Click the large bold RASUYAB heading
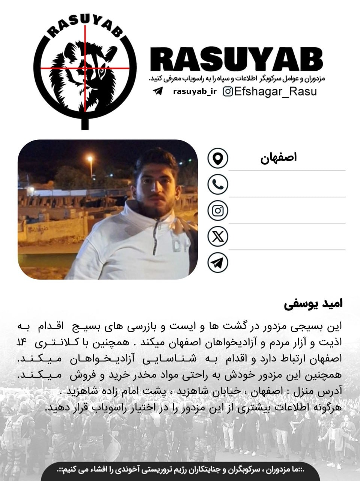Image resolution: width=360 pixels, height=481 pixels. click(237, 61)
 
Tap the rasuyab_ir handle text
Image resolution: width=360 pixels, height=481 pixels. click(195, 92)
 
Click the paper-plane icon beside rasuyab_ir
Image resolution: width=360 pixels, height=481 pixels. click(158, 91)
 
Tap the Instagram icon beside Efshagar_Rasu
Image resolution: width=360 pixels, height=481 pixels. click(227, 91)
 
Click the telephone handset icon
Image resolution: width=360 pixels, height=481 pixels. click(218, 184)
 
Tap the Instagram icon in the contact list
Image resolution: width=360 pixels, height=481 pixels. click(218, 210)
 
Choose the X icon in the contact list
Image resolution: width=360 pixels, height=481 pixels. click(218, 237)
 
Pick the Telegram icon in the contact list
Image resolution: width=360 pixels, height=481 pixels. click(218, 263)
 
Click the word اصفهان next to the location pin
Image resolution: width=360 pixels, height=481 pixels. click(278, 158)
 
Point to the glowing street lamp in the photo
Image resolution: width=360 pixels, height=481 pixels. click(90, 159)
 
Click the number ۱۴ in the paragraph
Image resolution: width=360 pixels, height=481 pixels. click(22, 343)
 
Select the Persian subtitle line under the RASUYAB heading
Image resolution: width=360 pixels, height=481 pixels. click(237, 79)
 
